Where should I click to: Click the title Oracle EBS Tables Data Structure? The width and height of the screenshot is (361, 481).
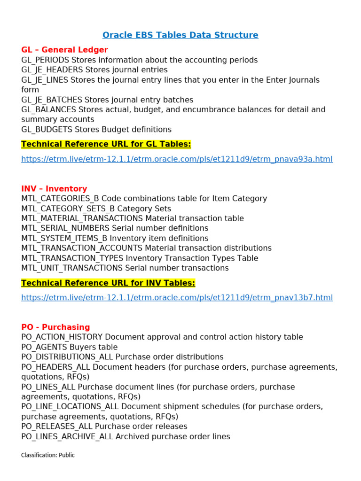pos(180,35)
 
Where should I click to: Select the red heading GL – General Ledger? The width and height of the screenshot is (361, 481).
pos(64,50)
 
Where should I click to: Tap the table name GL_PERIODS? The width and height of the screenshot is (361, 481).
pos(45,60)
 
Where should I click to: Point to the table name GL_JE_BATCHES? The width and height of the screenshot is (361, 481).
pos(52,100)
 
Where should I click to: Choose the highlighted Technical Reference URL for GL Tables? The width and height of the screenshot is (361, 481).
pos(106,144)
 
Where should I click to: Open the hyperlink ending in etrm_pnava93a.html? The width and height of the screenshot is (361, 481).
pos(177,159)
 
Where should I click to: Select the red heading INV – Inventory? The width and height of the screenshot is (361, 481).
pos(54,188)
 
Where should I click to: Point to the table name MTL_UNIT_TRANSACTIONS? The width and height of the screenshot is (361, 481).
pos(72,268)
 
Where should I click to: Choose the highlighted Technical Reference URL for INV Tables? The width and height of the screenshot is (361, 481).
pos(108,282)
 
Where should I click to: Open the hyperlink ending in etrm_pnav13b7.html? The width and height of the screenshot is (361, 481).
pos(177,298)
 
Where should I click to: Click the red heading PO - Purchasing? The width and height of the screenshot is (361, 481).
pos(55,327)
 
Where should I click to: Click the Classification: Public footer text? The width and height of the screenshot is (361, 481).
pos(48,455)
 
